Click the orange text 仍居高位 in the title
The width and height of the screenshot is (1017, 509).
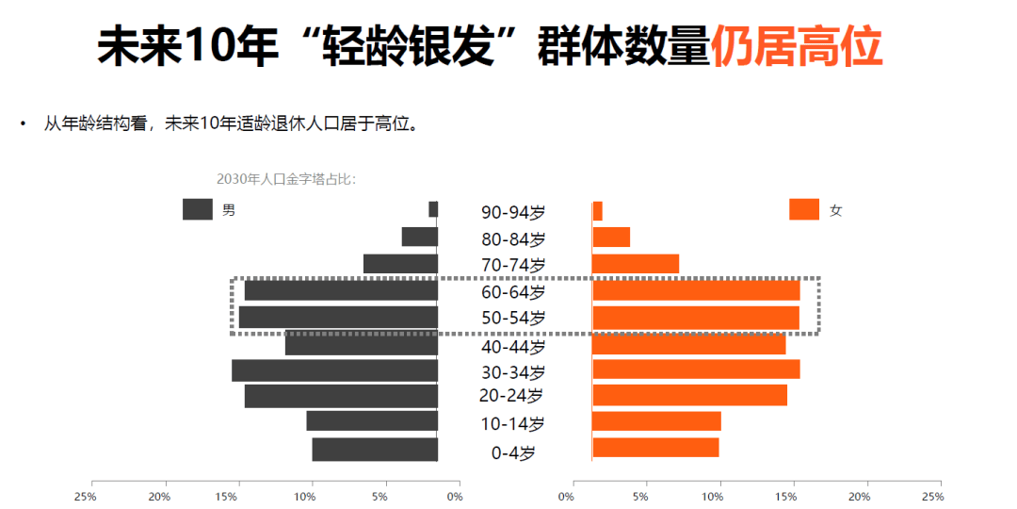click(x=797, y=47)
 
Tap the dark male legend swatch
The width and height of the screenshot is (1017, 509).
click(x=198, y=209)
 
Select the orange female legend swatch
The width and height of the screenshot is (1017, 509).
click(x=804, y=209)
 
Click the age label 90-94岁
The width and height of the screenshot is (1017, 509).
click(x=512, y=212)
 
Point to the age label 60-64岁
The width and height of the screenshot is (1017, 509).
click(x=512, y=292)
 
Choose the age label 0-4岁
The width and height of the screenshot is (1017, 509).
click(x=512, y=453)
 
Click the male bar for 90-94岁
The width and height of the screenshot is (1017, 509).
click(x=433, y=209)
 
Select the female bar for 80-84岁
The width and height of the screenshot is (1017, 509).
click(x=611, y=237)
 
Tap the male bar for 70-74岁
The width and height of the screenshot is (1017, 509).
click(x=400, y=264)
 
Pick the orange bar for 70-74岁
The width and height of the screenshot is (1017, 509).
click(x=636, y=264)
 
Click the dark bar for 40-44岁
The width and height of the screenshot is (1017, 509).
click(x=362, y=344)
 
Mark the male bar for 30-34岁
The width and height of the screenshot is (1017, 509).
click(x=335, y=370)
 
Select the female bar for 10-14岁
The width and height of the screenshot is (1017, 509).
click(x=656, y=421)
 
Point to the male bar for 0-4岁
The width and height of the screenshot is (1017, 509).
click(x=375, y=450)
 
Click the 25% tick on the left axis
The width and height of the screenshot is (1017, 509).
click(x=87, y=496)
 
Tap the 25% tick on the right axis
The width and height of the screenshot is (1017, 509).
click(x=932, y=496)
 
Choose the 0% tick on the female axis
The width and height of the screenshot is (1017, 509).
click(x=566, y=496)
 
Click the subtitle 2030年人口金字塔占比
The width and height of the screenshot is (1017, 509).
click(x=286, y=179)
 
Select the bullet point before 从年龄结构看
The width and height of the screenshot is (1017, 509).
click(x=23, y=124)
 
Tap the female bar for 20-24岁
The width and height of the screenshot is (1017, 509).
click(x=689, y=395)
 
